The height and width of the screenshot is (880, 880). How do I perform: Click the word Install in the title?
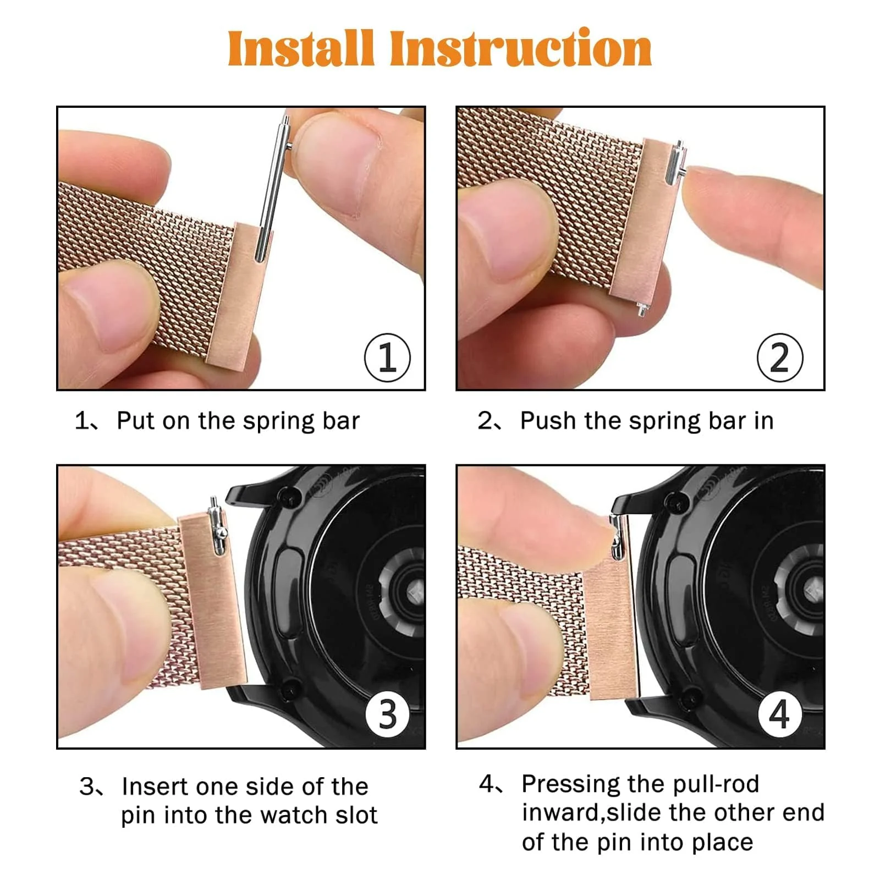(x=301, y=48)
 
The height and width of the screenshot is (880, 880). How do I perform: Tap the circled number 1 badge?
(x=387, y=358)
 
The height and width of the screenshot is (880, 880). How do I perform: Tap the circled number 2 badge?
(x=779, y=358)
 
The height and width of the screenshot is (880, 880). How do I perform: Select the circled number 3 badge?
(x=387, y=714)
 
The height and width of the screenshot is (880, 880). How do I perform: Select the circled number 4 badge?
(x=779, y=714)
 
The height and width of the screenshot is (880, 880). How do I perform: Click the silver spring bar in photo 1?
(x=272, y=187)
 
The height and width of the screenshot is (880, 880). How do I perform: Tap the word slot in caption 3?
(x=356, y=815)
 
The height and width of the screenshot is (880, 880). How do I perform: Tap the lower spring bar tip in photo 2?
(x=641, y=309)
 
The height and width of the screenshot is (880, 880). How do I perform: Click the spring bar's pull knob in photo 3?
(x=222, y=532)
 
